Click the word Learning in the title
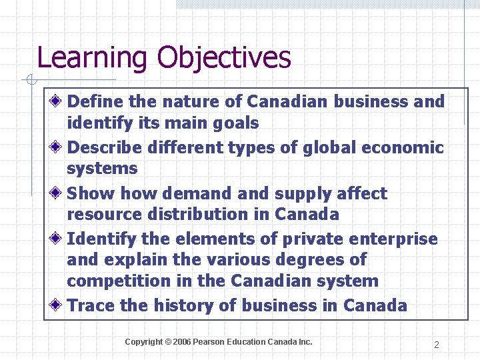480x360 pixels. coord(93,58)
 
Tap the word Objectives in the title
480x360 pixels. coord(224,58)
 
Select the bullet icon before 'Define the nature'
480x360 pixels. coord(58,102)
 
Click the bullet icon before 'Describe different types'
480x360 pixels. coord(58,147)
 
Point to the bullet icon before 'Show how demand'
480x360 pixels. coord(58,193)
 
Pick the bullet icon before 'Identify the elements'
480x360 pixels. coord(58,239)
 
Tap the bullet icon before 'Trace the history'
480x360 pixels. coord(58,305)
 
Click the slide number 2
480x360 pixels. coord(437,345)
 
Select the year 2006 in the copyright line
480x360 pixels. coord(182,342)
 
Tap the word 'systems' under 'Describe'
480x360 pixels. coord(102,169)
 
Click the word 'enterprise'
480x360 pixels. coord(395,239)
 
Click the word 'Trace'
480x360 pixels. coord(91,305)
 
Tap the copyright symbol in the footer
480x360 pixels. coord(167,342)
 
